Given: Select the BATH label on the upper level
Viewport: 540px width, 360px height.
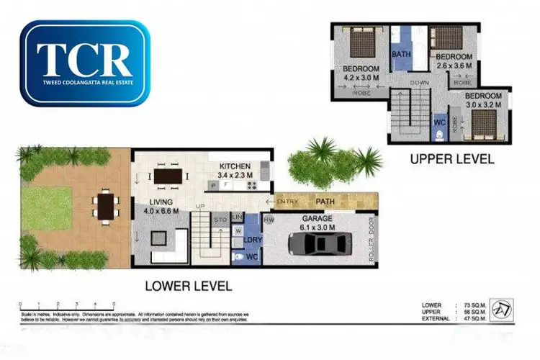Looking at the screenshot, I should (x=400, y=54).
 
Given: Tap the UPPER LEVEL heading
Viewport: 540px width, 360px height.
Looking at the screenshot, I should (x=452, y=159).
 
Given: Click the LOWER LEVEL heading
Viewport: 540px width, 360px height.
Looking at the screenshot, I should (x=189, y=286).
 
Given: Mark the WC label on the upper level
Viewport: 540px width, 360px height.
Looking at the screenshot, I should (x=440, y=122).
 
